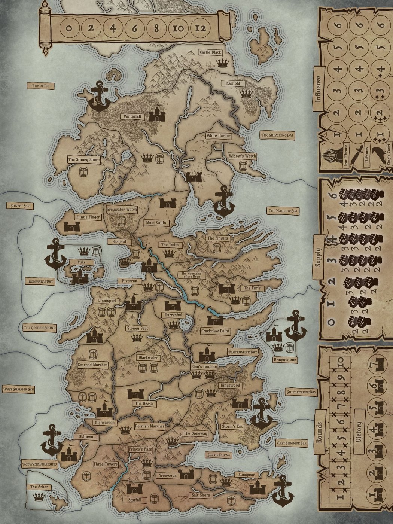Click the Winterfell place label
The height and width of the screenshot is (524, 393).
click(x=132, y=116)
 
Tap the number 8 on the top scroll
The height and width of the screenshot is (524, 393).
click(x=156, y=28)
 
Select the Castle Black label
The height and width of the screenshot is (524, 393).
click(x=210, y=52)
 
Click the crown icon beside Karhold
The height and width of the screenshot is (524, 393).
click(x=246, y=94)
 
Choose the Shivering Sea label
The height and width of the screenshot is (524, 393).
click(x=278, y=135)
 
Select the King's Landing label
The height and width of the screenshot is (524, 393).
click(x=204, y=366)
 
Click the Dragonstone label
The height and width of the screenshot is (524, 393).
click(x=285, y=360)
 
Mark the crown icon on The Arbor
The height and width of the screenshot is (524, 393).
click(x=39, y=497)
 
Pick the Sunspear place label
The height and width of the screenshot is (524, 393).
click(x=247, y=475)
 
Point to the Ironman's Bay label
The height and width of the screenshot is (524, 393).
click(x=40, y=281)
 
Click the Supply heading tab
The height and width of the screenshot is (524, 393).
click(x=318, y=257)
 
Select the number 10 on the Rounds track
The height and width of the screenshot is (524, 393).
click(x=340, y=362)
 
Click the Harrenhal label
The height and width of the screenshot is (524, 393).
click(x=173, y=315)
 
